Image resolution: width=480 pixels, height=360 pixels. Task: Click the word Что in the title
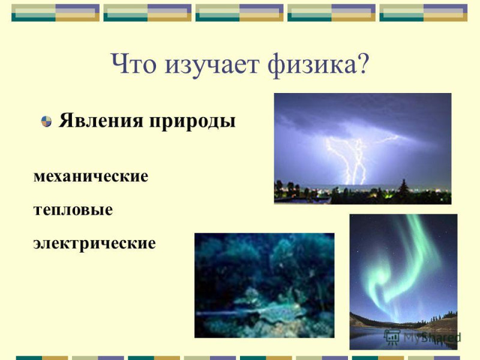134,64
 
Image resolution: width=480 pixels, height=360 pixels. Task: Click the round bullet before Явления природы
46,121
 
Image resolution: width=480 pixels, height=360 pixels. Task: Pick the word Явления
101,121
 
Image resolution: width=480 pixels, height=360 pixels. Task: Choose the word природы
192,122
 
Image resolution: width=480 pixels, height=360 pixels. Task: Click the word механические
91,176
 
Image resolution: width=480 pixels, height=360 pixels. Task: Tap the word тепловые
73,210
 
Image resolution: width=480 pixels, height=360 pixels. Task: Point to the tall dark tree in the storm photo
403,190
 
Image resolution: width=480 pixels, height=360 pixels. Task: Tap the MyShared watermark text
431,337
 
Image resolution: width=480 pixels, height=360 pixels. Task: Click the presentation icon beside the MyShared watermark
392,337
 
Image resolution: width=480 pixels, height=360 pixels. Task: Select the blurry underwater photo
265,286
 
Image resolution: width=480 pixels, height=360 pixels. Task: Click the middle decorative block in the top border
239,13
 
